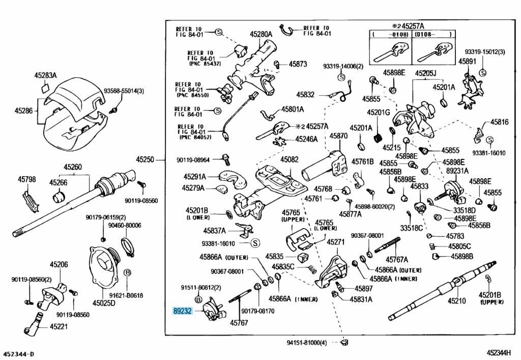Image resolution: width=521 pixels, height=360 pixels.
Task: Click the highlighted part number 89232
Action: pos(183,310)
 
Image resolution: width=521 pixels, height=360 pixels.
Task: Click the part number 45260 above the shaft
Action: pos(73,167)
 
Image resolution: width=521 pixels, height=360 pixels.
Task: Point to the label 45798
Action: pos(27,179)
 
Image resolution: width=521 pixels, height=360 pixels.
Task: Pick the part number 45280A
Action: pos(260,34)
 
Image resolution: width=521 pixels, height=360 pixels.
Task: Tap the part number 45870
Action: pos(338,136)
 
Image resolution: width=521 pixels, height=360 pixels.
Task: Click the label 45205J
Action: pos(425,73)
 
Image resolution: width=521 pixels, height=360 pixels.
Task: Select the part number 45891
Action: pos(467,61)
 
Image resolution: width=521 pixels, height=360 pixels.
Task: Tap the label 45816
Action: pos(499,122)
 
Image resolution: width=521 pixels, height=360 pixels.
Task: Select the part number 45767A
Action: pos(397,259)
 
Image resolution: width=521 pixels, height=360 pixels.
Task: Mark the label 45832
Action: pos(306,95)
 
